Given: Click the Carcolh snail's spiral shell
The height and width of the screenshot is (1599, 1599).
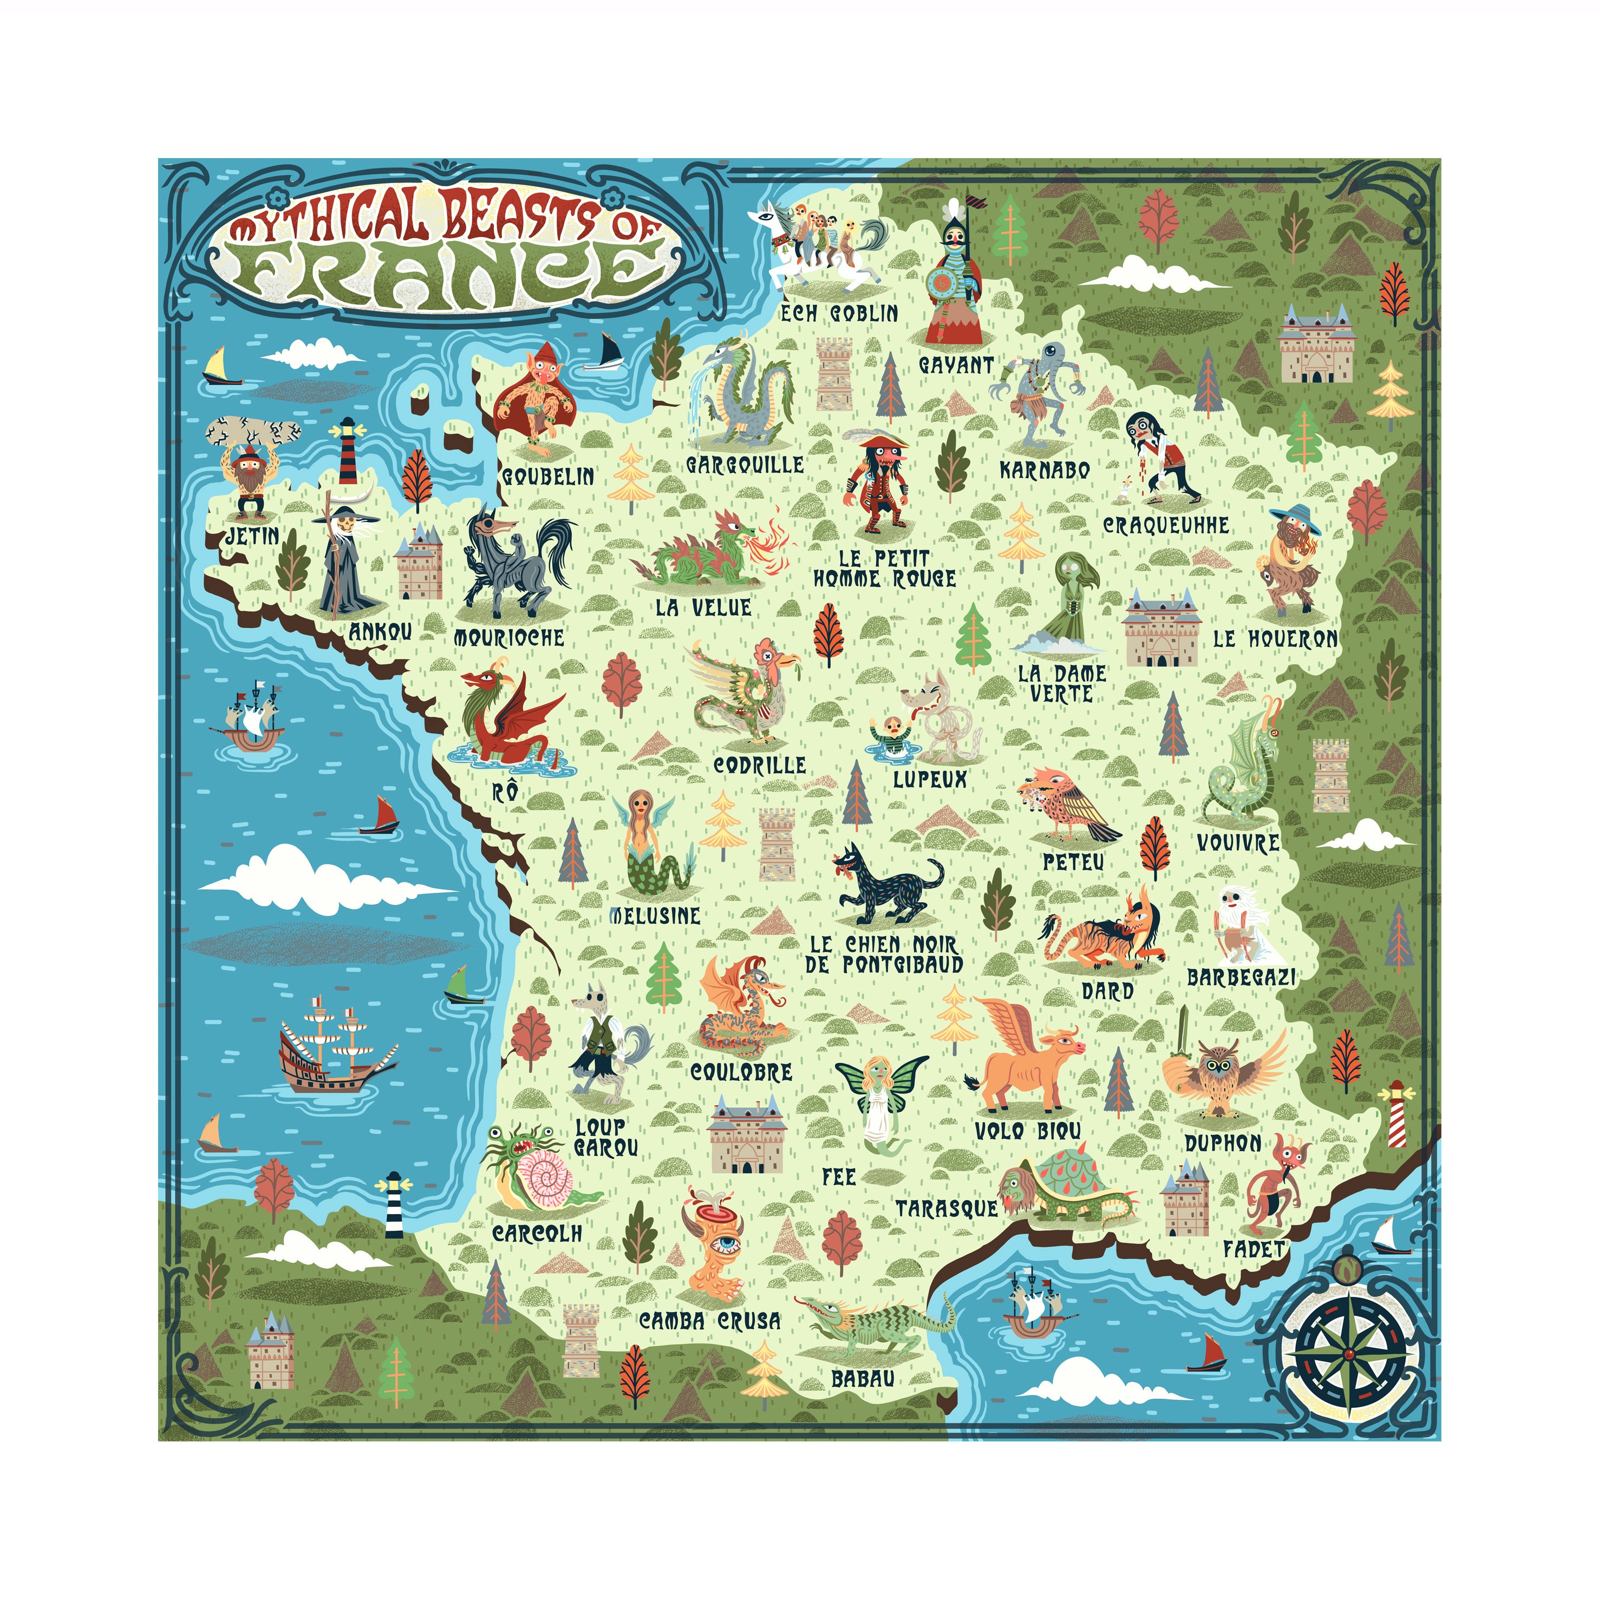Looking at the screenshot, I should pos(544,1179).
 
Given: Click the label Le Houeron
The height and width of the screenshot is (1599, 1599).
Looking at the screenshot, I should pos(1275,639).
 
